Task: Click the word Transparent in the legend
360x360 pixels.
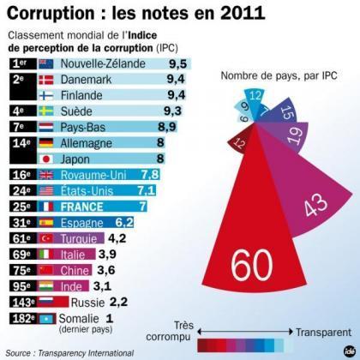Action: click(321, 327)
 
